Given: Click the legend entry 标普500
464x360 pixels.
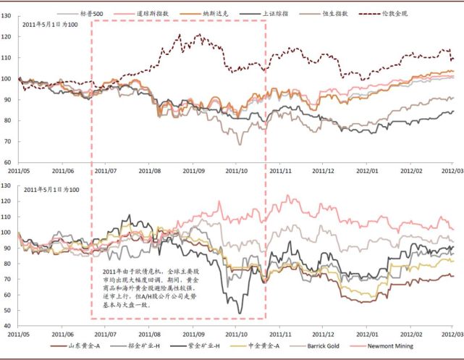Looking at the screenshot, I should click(92, 13).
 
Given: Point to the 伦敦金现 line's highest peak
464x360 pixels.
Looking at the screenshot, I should click(198, 34).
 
